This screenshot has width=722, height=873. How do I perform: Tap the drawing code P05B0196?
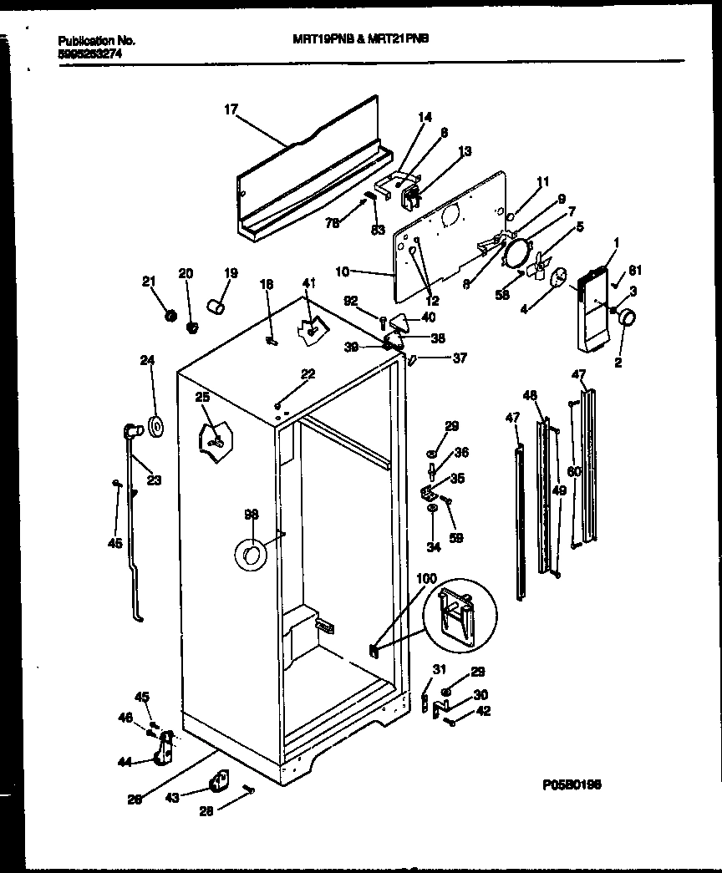click(572, 784)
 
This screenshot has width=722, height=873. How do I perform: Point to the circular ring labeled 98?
click(249, 553)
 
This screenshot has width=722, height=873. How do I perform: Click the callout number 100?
click(425, 578)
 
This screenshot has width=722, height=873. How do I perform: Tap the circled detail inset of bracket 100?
click(455, 613)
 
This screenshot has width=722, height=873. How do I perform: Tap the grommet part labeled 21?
click(170, 315)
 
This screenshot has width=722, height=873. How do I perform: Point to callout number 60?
click(573, 472)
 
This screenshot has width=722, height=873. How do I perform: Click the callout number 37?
click(459, 358)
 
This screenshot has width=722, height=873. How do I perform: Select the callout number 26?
click(135, 799)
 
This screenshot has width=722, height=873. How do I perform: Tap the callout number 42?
click(483, 711)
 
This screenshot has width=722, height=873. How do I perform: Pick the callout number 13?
click(464, 151)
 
